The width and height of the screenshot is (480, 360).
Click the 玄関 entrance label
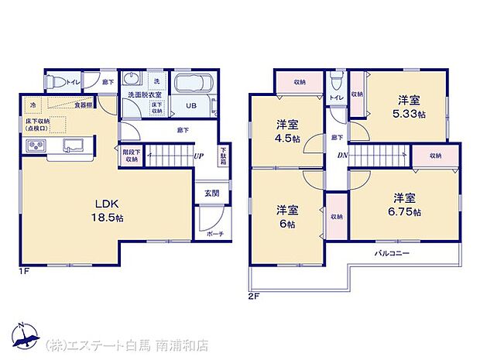coord(211,193)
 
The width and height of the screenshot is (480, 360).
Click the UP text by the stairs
coord(199,156)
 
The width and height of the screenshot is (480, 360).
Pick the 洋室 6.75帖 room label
coord(405,204)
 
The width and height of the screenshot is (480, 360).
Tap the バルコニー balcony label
coord(393,253)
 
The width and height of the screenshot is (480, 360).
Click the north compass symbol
coord(25,334)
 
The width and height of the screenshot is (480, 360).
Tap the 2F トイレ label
coord(335,98)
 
